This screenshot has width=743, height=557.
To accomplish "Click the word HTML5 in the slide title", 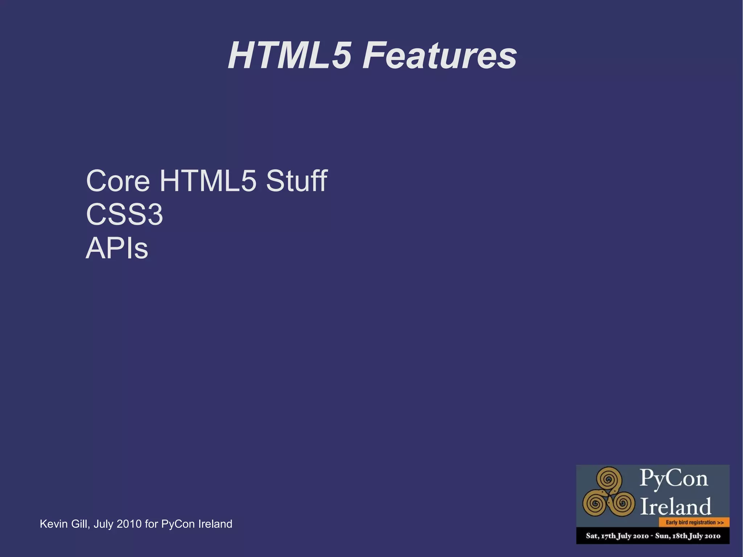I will pyautogui.click(x=290, y=56).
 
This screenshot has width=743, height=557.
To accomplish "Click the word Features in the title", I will pyautogui.click(x=440, y=56).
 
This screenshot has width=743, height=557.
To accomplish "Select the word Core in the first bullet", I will pyautogui.click(x=118, y=181).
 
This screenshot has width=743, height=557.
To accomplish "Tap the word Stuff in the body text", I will pyautogui.click(x=297, y=181).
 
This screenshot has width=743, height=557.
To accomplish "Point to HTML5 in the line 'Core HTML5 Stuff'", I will pyautogui.click(x=208, y=181).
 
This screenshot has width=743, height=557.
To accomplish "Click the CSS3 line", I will pyautogui.click(x=124, y=214).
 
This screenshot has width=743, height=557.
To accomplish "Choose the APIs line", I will pyautogui.click(x=117, y=248).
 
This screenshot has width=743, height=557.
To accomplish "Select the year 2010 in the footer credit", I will pyautogui.click(x=129, y=524).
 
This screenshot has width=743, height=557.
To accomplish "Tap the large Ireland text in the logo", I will pyautogui.click(x=675, y=506).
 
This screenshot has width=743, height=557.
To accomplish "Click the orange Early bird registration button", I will pyautogui.click(x=694, y=523).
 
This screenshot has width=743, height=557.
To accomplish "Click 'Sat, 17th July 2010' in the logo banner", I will pyautogui.click(x=617, y=536).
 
